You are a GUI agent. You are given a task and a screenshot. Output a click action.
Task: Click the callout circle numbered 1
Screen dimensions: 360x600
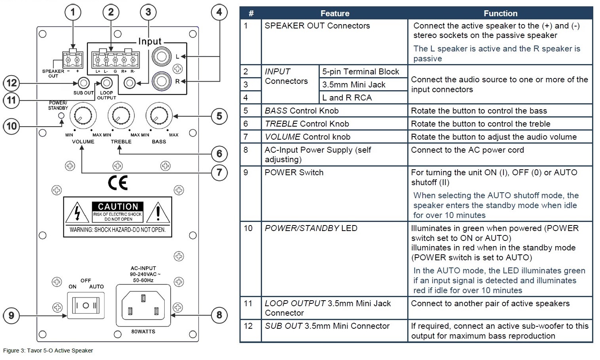click(x=72, y=12)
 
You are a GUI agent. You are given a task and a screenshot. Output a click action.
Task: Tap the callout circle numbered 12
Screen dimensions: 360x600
click(x=11, y=83)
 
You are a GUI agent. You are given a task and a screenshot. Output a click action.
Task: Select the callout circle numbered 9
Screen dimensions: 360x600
click(x=11, y=315)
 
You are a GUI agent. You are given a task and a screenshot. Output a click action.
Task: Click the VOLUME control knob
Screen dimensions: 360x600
click(x=83, y=116)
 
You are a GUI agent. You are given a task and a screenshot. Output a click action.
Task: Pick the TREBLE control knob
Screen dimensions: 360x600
click(x=121, y=116)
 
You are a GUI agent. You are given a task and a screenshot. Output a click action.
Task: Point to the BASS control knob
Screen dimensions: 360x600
click(x=159, y=116)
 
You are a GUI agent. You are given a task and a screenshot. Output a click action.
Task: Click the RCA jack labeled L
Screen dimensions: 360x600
click(x=161, y=57)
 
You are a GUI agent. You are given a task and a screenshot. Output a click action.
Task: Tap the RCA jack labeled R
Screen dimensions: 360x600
click(x=161, y=81)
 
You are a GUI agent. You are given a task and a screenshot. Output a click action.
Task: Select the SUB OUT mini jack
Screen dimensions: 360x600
click(x=83, y=83)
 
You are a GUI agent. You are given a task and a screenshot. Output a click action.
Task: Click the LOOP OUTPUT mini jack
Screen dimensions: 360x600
click(x=106, y=83)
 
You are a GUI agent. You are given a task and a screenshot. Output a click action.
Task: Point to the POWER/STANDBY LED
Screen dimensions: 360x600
click(x=61, y=116)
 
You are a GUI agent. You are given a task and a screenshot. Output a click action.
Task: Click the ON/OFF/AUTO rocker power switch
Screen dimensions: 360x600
click(x=85, y=306)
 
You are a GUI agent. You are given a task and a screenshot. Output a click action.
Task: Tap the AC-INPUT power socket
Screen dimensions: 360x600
click(x=143, y=305)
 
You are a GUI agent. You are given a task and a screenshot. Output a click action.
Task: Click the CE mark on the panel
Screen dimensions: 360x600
click(x=118, y=183)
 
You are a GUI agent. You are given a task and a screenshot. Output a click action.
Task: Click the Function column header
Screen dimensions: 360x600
click(x=500, y=13)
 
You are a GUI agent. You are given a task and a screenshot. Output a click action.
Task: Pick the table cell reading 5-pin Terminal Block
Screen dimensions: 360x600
click(x=361, y=72)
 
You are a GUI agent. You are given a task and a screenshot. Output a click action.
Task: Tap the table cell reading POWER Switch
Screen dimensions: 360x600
click(x=294, y=172)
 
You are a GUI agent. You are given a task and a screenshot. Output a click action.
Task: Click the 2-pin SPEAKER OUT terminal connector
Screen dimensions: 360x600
click(x=72, y=61)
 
